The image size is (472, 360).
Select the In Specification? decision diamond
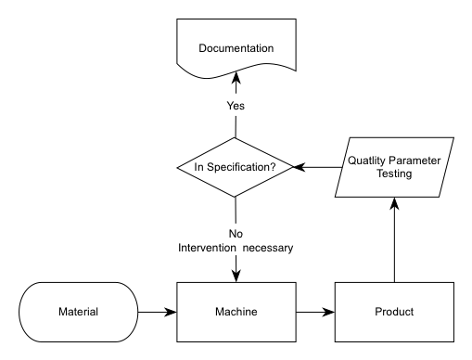[x=236, y=167]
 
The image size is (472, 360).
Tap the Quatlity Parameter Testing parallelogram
[x=394, y=167]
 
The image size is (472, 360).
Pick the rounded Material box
[x=79, y=312]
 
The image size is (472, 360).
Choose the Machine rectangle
[x=236, y=312]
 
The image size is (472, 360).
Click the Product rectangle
[x=394, y=312]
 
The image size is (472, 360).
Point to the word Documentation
[x=236, y=47]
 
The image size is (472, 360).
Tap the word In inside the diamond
[x=198, y=168]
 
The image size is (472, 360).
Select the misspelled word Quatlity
[x=367, y=161]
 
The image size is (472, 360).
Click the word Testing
[x=394, y=174]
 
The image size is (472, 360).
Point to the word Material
[x=79, y=312]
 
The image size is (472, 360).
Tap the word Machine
[x=236, y=312]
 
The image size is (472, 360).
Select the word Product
[x=394, y=312]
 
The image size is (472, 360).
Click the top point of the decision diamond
[x=236, y=138]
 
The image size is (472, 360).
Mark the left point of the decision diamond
[x=178, y=167]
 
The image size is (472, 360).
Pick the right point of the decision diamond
[x=293, y=167]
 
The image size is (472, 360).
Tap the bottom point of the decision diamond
[x=236, y=197]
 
